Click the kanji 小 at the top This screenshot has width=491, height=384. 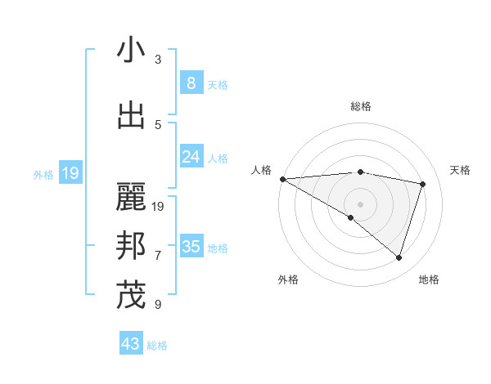(131, 51)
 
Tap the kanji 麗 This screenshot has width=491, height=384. (131, 197)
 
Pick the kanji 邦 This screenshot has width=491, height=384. (131, 245)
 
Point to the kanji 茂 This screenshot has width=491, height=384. (131, 295)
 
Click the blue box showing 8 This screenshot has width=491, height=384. (191, 83)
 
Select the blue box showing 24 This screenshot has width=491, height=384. (191, 157)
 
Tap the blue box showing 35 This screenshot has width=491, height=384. (191, 247)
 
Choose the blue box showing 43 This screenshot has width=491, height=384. (131, 344)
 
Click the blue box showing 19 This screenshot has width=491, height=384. (70, 173)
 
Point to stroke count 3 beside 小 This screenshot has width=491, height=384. (158, 60)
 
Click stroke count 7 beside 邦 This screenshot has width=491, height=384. (158, 255)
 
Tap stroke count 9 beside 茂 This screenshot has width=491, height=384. (158, 305)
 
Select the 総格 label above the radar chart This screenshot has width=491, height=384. (360, 106)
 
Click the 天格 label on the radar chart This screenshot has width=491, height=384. (461, 170)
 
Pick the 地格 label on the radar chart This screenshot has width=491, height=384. (429, 279)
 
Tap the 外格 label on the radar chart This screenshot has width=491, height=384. (288, 279)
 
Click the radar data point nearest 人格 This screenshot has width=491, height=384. (282, 178)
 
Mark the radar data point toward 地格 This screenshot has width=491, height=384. (399, 258)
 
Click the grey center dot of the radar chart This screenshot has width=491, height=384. (360, 203)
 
